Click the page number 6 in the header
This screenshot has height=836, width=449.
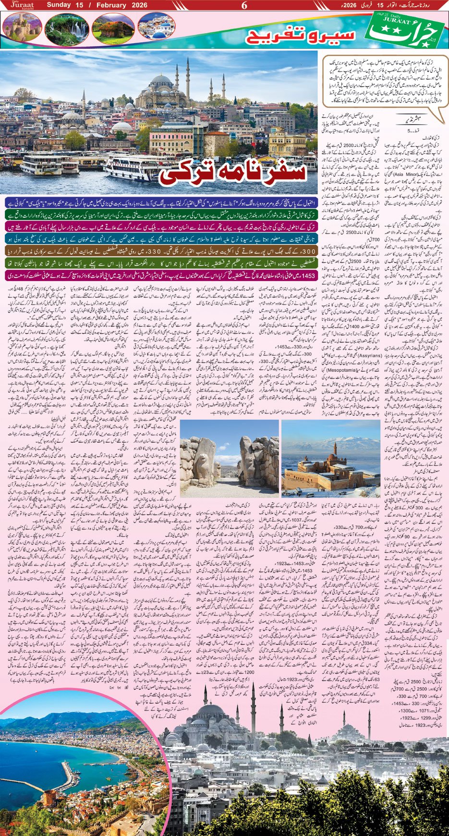(x=244, y=6)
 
